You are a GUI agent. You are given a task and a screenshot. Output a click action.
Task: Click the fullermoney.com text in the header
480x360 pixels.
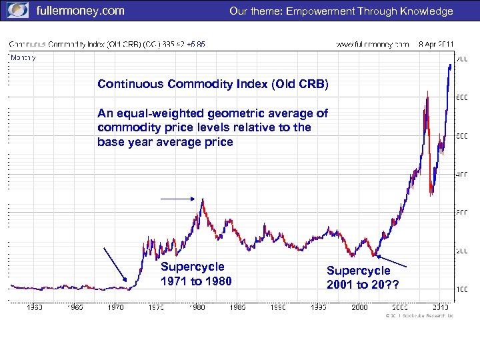pyautogui.click(x=80, y=11)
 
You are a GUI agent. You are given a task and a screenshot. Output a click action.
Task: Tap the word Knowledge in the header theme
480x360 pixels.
pyautogui.click(x=425, y=11)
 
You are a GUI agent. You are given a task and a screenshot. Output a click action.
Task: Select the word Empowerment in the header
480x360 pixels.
pyautogui.click(x=321, y=11)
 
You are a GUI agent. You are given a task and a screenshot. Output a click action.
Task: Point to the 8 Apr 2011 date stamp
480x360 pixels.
pyautogui.click(x=437, y=44)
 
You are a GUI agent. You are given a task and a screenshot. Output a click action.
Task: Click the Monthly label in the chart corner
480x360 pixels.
pyautogui.click(x=23, y=57)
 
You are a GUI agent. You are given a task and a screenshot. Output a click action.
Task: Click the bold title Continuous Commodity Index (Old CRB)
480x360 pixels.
pyautogui.click(x=213, y=85)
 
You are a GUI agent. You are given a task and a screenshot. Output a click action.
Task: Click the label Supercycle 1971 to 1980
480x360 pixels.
pyautogui.click(x=197, y=274)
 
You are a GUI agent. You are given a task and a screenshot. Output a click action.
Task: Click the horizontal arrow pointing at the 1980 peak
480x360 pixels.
pyautogui.click(x=178, y=199)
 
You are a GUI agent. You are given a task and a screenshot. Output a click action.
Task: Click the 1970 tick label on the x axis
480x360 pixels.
pyautogui.click(x=115, y=307)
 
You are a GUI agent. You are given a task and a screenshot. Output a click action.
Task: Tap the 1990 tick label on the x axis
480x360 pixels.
pyautogui.click(x=278, y=307)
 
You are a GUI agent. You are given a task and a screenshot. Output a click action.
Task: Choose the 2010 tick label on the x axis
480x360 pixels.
pyautogui.click(x=441, y=307)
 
